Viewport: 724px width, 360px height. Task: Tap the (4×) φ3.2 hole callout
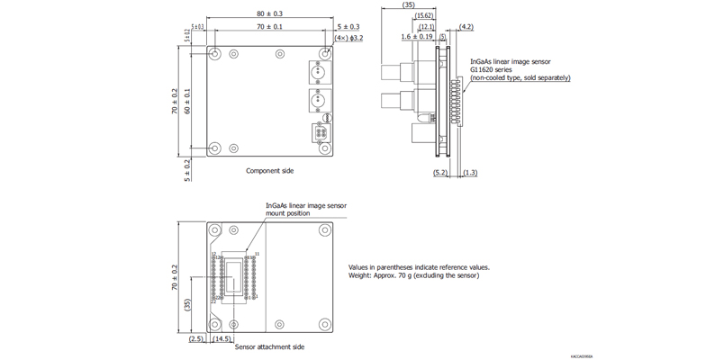coord(348,38)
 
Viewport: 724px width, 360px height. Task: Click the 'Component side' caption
coord(269,170)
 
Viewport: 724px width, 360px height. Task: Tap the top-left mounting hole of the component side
coord(215,53)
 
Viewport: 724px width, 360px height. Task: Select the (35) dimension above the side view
coord(408,5)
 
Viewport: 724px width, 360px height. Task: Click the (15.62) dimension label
coord(424,16)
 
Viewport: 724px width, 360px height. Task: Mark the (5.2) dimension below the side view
coord(440,172)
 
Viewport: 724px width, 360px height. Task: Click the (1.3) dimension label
coord(470,172)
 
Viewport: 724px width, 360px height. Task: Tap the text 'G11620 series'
coord(493,69)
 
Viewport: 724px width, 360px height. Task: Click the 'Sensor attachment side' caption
coord(269,346)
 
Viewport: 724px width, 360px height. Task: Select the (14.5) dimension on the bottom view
coord(224,338)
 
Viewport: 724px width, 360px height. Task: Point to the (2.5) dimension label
coord(197,338)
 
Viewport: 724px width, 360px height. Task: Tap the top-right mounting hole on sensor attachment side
coord(323,231)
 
